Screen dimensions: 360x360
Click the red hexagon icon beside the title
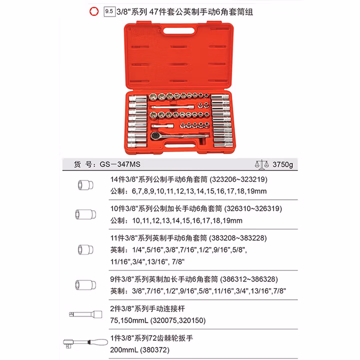[x=94, y=11]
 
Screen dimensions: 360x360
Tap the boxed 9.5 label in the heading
[x=109, y=11]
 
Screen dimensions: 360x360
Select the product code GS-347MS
[x=120, y=164]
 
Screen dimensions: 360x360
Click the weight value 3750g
[x=282, y=164]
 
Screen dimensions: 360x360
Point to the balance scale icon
[x=261, y=164]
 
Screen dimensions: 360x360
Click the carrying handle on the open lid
[x=179, y=31]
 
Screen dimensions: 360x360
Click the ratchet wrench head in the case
[x=155, y=136]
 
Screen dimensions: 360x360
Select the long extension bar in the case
[x=173, y=107]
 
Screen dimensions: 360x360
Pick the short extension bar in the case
[x=162, y=126]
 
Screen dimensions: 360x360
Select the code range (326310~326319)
[x=253, y=208]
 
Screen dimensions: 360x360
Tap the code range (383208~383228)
[x=238, y=238]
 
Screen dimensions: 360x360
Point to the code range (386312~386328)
[x=249, y=279]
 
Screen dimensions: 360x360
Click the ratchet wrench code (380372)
[x=154, y=350]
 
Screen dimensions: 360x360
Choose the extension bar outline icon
[x=85, y=314]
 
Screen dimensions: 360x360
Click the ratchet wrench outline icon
[x=85, y=343]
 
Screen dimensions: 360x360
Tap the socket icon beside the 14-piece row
[x=85, y=185]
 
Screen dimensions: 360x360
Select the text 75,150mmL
[x=129, y=320]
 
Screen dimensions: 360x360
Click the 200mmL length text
[x=124, y=350]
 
